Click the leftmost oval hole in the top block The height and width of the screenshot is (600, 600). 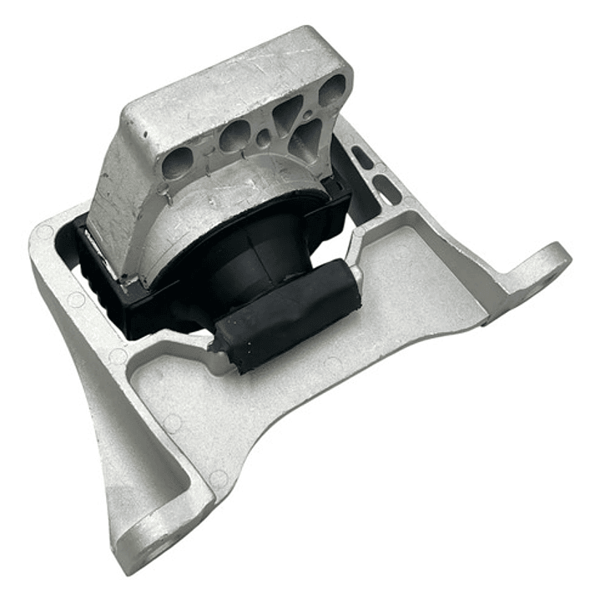[177, 164]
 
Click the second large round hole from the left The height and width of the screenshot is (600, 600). [234, 135]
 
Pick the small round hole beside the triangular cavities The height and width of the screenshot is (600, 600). [263, 139]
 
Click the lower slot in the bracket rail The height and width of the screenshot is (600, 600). [386, 189]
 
